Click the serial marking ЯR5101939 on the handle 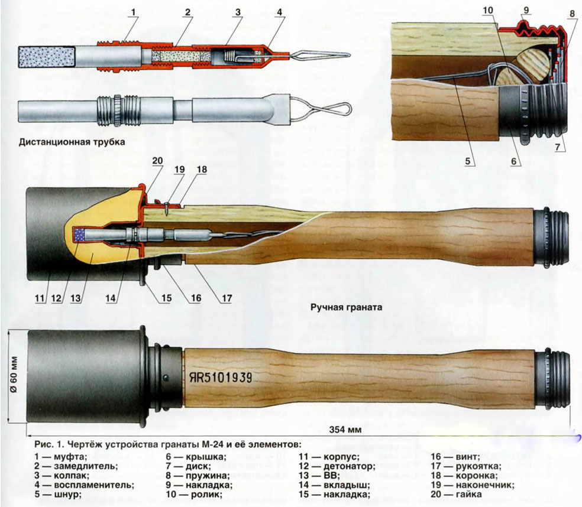tap(221, 378)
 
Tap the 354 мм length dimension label tap(345, 430)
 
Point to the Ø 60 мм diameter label tap(14, 375)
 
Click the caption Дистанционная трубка tap(72, 142)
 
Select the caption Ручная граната tap(346, 307)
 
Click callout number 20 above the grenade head tap(157, 161)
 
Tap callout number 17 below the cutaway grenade tap(227, 298)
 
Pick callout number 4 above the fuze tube tap(280, 12)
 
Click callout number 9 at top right tap(526, 10)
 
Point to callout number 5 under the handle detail tap(468, 161)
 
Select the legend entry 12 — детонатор tap(337, 466)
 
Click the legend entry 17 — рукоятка tap(466, 466)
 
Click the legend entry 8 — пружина tap(198, 476)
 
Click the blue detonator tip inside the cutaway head tap(80, 235)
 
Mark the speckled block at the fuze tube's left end tap(47, 57)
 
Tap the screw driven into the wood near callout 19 tap(167, 208)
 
